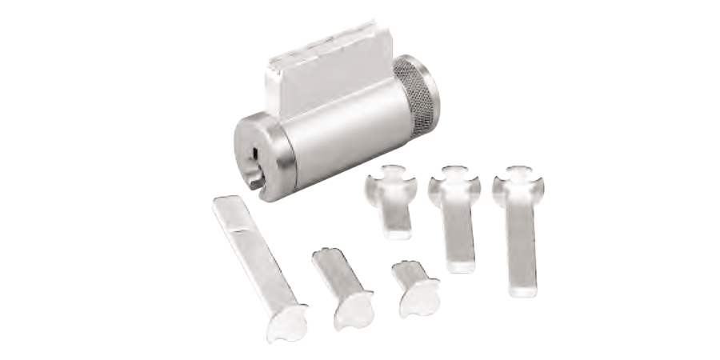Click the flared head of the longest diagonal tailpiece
(x=287, y=321)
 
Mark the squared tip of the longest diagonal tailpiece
(x=223, y=203)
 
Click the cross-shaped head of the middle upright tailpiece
(x=454, y=183)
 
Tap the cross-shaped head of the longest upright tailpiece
(x=518, y=184)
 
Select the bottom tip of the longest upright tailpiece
(x=522, y=288)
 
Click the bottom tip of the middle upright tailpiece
(x=461, y=264)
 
